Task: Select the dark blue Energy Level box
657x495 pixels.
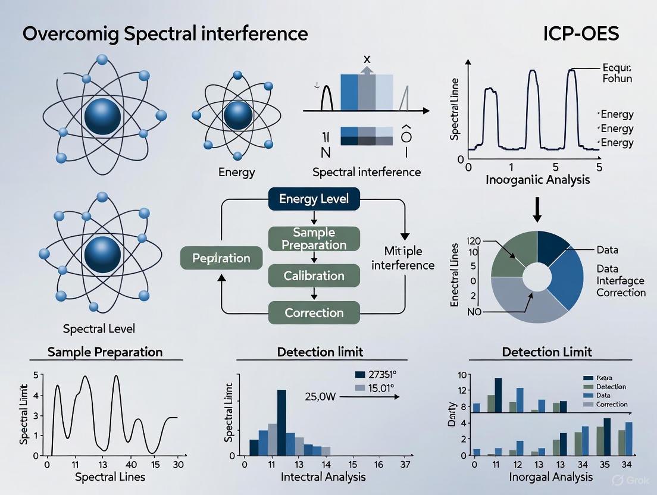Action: pyautogui.click(x=314, y=198)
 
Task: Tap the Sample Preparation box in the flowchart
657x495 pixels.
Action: pyautogui.click(x=314, y=239)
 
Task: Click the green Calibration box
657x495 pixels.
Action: pyautogui.click(x=314, y=276)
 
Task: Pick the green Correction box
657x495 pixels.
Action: pyautogui.click(x=314, y=312)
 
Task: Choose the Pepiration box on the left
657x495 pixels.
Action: pyautogui.click(x=221, y=258)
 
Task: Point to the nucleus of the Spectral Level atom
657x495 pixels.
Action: pyautogui.click(x=103, y=254)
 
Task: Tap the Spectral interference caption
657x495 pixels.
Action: pyautogui.click(x=367, y=172)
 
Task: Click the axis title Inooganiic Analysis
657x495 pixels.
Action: pyautogui.click(x=537, y=179)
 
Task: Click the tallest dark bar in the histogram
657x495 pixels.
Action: pyautogui.click(x=281, y=422)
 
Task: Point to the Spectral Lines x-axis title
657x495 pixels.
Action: pyautogui.click(x=110, y=477)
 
